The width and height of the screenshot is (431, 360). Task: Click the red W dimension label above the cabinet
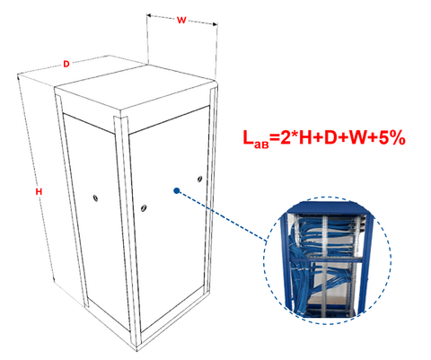tap(181, 21)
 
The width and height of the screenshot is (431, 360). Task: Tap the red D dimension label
tap(66, 64)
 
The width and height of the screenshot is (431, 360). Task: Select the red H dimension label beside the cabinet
tap(39, 192)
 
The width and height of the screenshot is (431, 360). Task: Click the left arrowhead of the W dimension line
tap(150, 16)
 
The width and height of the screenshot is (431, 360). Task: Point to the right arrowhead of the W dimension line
tap(215, 24)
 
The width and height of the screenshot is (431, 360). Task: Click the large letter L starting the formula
tap(248, 137)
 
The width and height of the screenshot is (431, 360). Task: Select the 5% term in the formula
tap(392, 138)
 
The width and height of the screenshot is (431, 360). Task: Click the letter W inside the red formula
tap(357, 138)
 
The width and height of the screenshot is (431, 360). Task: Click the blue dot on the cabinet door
tap(177, 190)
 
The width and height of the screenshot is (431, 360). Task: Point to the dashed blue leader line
tap(222, 215)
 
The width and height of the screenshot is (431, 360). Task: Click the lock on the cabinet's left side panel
tap(95, 198)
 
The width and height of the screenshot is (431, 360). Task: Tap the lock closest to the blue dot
tap(199, 179)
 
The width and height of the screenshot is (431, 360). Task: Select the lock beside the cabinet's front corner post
tap(144, 207)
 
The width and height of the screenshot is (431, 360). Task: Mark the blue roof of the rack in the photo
tap(328, 207)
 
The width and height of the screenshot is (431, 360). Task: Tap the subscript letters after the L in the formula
tap(261, 145)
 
